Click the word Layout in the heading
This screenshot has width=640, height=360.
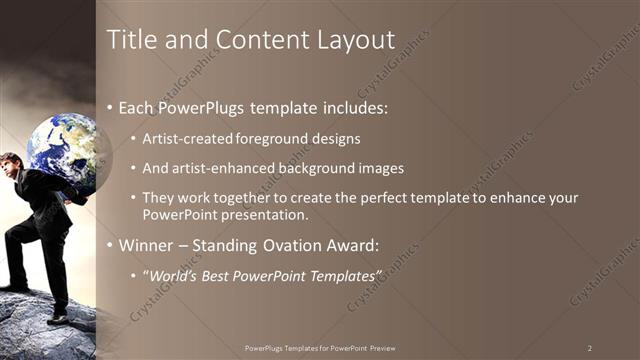click(x=348, y=40)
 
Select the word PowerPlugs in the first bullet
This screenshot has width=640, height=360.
click(x=204, y=107)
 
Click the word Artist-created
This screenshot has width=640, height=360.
click(x=189, y=138)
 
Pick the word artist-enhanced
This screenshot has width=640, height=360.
click(x=215, y=168)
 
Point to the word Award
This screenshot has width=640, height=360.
click(x=350, y=245)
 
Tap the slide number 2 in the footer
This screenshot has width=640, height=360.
click(x=590, y=348)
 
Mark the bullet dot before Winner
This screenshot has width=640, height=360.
click(x=110, y=245)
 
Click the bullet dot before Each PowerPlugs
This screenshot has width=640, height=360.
click(x=110, y=107)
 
